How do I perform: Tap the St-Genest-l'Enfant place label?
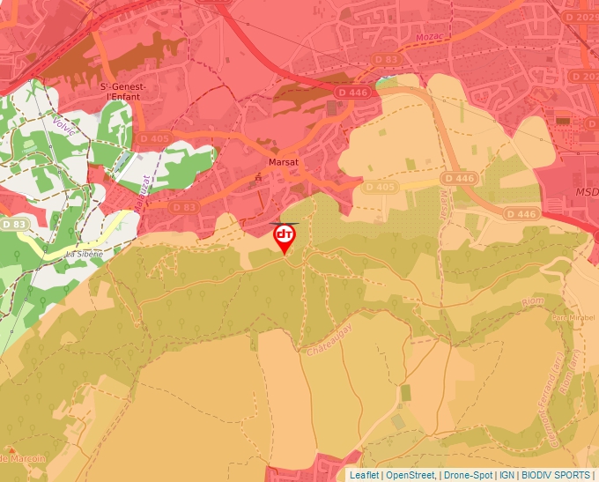click(122, 93)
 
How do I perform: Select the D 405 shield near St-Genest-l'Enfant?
click(152, 139)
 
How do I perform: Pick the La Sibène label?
click(78, 254)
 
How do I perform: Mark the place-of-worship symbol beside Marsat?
click(258, 179)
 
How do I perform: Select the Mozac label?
click(425, 36)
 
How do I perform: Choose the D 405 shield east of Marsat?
click(380, 187)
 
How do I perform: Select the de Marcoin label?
click(23, 458)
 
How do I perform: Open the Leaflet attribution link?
click(364, 475)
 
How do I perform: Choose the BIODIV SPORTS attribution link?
click(556, 475)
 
